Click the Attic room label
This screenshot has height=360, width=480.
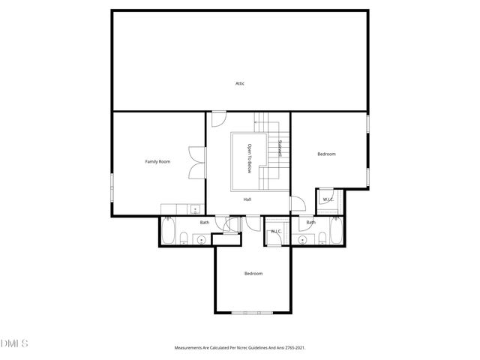point(240,83)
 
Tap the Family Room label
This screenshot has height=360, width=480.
point(157,161)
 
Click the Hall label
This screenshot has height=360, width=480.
point(247,199)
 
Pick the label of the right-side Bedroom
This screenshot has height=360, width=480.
point(326,154)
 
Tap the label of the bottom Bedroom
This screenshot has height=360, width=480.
point(253,273)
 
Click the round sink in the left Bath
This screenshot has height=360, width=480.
point(199,239)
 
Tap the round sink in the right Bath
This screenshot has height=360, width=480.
point(303,239)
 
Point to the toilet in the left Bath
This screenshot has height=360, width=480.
point(184,239)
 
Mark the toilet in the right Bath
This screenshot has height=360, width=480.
point(320,239)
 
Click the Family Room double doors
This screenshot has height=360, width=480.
point(196,161)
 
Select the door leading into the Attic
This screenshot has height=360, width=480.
point(217,118)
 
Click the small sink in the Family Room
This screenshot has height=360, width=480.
point(194,210)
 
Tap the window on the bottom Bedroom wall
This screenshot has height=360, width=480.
point(253,312)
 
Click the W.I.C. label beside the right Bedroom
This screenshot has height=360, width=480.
point(328,199)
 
